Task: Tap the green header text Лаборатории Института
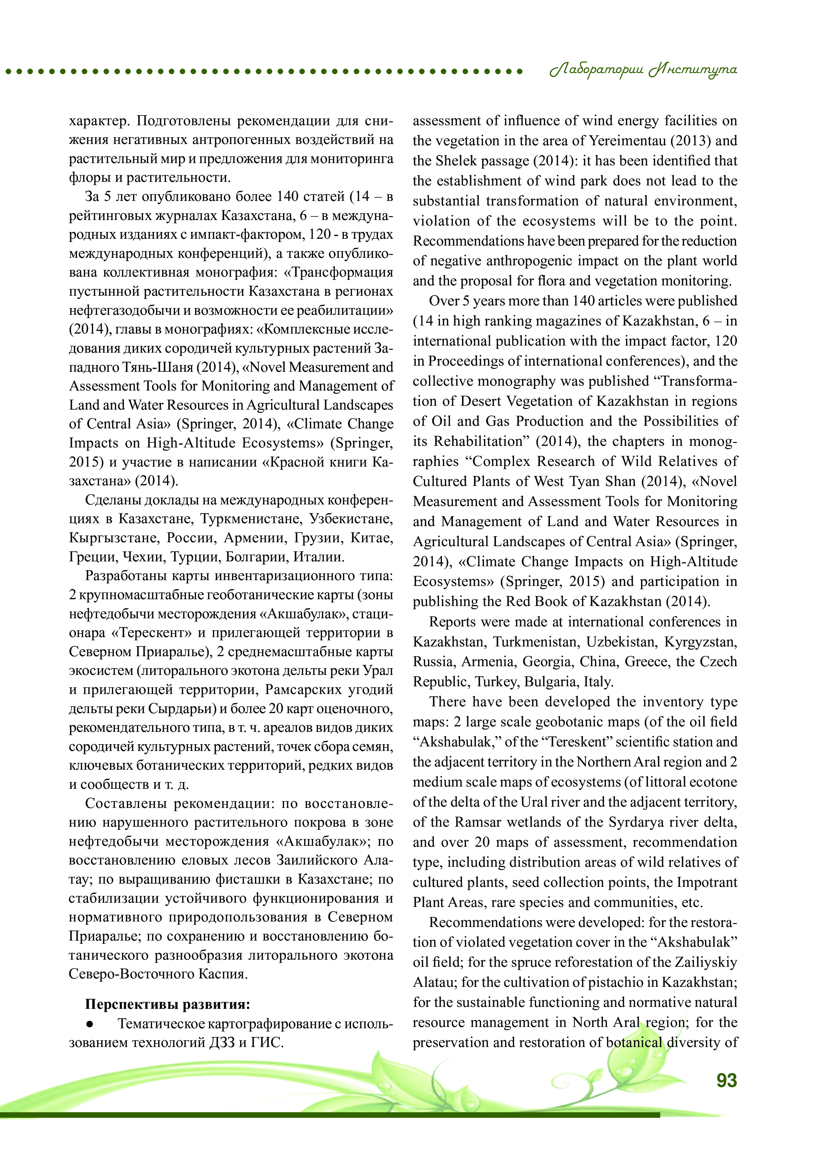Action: [x=643, y=71]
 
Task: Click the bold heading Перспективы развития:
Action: [x=168, y=1004]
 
